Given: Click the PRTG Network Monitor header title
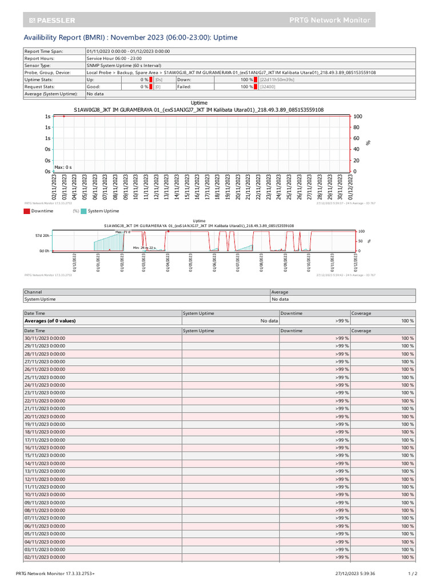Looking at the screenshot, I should point(330,20).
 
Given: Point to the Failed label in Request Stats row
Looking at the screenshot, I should point(184,87).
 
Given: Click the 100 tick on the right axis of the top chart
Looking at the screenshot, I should point(357,117).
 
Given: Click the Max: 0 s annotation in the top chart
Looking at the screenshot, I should point(63,167).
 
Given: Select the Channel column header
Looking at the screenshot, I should point(33,292).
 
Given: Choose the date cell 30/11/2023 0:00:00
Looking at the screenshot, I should point(45,338).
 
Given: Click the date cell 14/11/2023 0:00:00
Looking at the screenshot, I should point(45,464).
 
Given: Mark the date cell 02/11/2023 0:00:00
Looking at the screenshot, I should point(45,557).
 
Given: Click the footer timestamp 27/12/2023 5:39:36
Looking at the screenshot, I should point(355,573).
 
